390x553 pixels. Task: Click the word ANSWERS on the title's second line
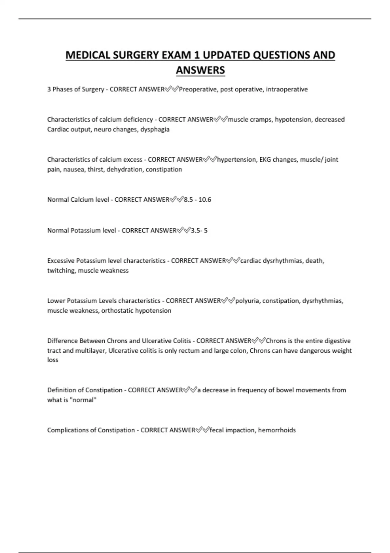pyautogui.click(x=201, y=70)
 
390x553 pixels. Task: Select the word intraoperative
pyautogui.click(x=287, y=89)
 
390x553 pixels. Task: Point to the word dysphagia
pyautogui.click(x=155, y=129)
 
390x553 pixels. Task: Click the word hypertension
pyautogui.click(x=236, y=160)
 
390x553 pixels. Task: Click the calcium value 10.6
pyautogui.click(x=205, y=200)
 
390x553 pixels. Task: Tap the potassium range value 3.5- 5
pyautogui.click(x=199, y=231)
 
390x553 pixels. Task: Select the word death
pyautogui.click(x=315, y=261)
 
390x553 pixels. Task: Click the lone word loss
pyautogui.click(x=53, y=360)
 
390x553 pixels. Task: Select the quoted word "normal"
pyautogui.click(x=83, y=400)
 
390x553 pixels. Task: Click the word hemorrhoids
pyautogui.click(x=277, y=430)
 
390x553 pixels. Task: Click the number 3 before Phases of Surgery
pyautogui.click(x=49, y=89)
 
